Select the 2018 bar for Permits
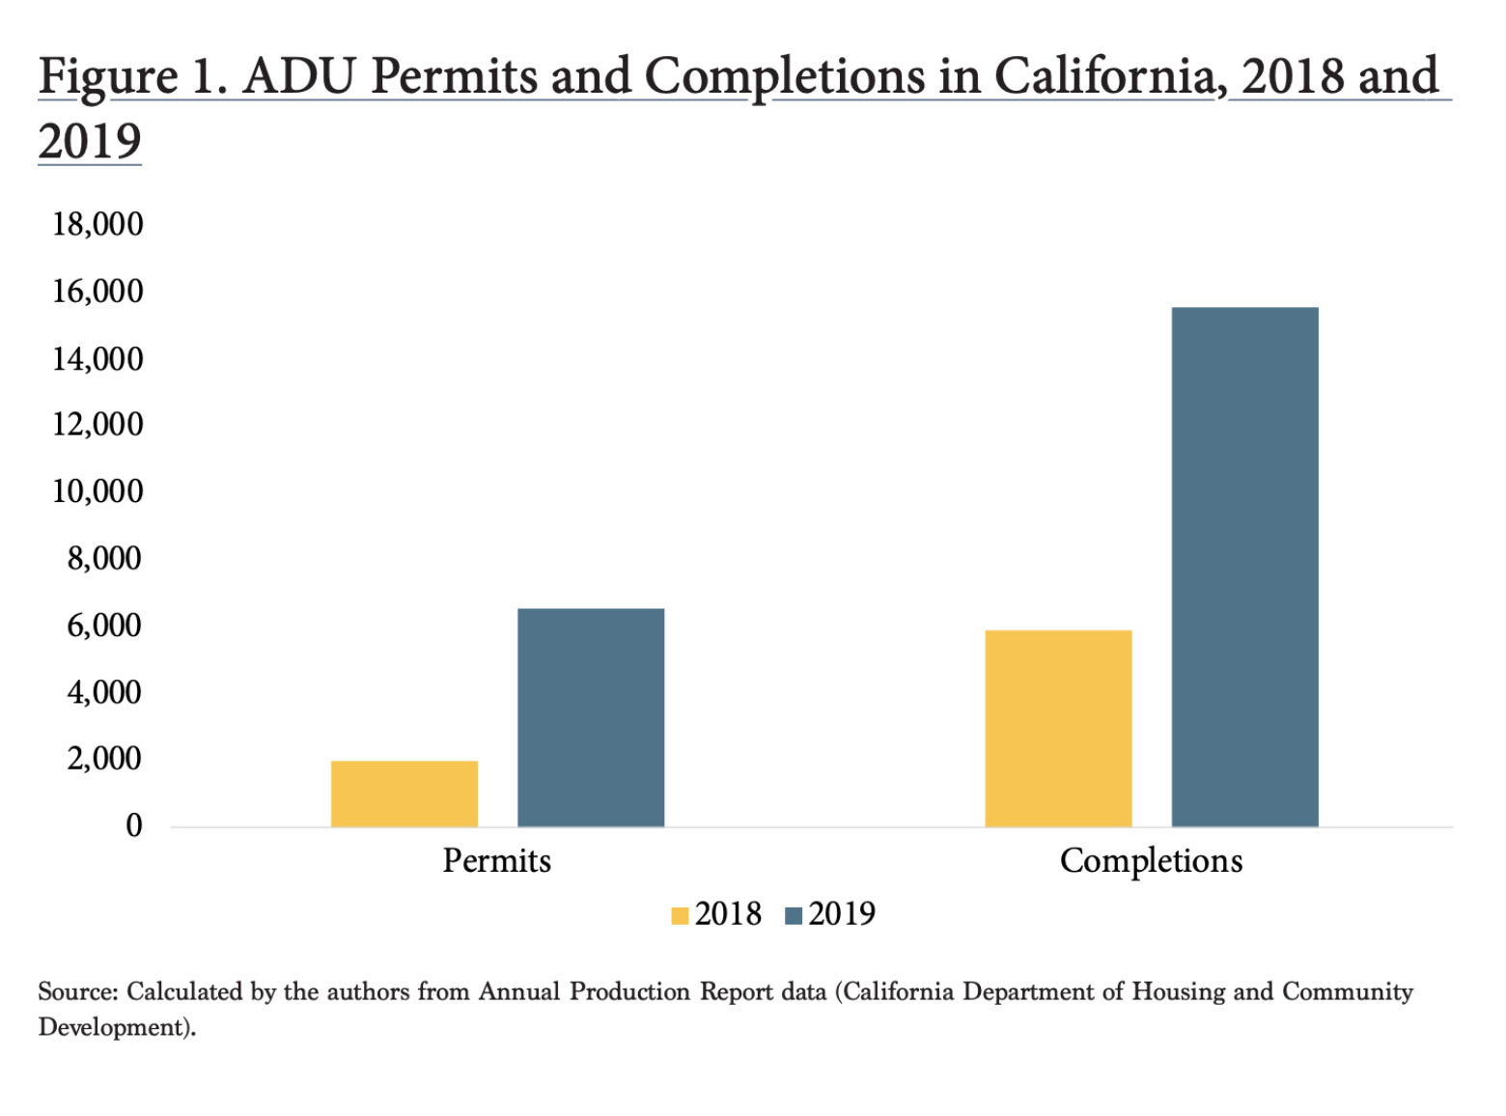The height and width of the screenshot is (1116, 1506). (404, 794)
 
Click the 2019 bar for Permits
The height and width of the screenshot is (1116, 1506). (591, 717)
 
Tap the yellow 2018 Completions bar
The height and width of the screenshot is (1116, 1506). (1058, 728)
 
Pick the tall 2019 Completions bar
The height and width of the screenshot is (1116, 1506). (1244, 567)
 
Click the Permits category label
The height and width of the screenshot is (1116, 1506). (496, 860)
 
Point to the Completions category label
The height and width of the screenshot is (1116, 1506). (1151, 860)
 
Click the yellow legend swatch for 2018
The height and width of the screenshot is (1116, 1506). (680, 915)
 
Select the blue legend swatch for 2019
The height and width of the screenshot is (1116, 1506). (794, 915)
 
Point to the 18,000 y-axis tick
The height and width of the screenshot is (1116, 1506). (98, 224)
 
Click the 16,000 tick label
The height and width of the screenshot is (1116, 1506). (98, 292)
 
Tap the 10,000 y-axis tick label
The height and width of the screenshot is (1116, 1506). (98, 491)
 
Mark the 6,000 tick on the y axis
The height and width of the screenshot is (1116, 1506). (104, 626)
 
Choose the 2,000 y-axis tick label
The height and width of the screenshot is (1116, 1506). (104, 759)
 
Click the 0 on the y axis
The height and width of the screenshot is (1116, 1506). (134, 825)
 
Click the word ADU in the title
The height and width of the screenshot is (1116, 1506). (299, 76)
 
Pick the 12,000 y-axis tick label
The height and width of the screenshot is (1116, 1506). (98, 425)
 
